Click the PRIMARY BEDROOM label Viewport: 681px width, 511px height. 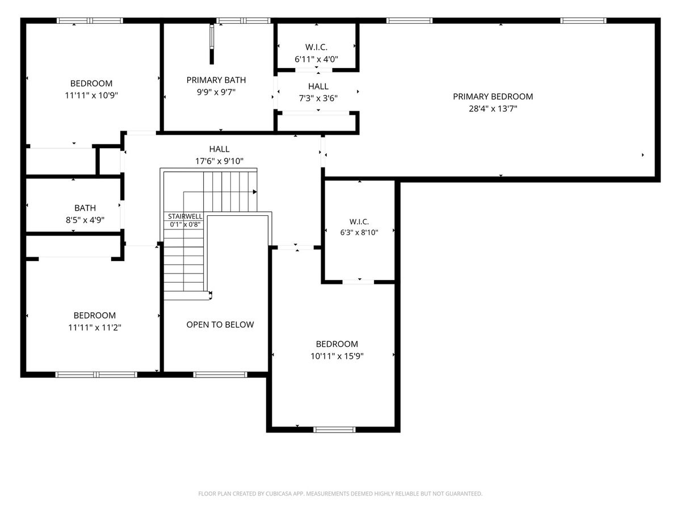493,97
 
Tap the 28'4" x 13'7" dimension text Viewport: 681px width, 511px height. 493,108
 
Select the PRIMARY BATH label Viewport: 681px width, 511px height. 216,80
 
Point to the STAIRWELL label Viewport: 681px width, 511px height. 185,216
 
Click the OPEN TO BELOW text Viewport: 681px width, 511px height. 220,325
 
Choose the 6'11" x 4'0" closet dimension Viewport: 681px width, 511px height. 316,59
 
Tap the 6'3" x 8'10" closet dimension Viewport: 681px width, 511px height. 359,232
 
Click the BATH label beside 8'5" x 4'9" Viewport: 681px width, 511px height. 85,208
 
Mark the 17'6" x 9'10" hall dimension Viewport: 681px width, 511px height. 219,161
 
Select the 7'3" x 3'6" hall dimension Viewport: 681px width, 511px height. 318,98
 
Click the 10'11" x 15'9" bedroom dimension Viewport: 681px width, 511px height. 337,356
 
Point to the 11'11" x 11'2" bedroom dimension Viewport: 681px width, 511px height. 95,328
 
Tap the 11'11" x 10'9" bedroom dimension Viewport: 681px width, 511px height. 91,95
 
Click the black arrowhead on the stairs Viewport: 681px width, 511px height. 255,192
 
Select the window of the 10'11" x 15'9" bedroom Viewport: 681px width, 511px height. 334,429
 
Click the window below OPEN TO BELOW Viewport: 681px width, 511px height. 220,375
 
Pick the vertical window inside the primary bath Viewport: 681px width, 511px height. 212,36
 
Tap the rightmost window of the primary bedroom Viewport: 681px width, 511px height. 583,21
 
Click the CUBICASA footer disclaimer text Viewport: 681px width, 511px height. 340,493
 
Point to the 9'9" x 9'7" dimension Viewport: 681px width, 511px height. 216,92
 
